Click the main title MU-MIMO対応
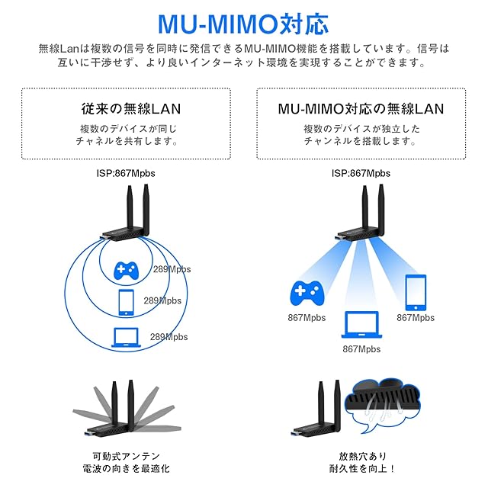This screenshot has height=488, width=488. [x=243, y=22]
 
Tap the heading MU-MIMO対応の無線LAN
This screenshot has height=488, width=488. [x=361, y=108]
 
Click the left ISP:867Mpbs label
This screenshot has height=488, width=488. [x=126, y=173]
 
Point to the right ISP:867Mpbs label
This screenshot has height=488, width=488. [x=361, y=173]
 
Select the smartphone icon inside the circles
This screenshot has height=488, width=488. [x=125, y=302]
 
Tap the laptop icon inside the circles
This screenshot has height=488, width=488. [x=126, y=335]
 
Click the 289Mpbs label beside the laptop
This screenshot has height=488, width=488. [x=169, y=336]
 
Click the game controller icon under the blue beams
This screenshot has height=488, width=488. [x=308, y=293]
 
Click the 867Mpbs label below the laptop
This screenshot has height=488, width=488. [x=361, y=349]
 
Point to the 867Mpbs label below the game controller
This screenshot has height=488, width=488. [x=307, y=317]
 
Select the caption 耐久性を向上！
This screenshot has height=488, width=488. [x=362, y=468]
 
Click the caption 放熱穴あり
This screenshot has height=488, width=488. [x=362, y=454]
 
